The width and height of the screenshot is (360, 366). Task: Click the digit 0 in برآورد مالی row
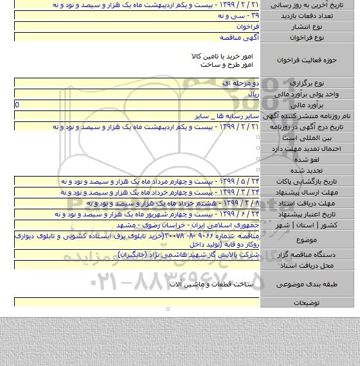click(x=17, y=104)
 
